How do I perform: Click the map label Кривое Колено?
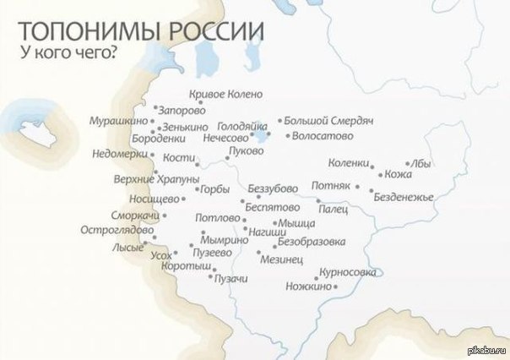coord(227,94)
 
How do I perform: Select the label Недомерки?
coord(120,155)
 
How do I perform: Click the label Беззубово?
coord(273,188)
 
